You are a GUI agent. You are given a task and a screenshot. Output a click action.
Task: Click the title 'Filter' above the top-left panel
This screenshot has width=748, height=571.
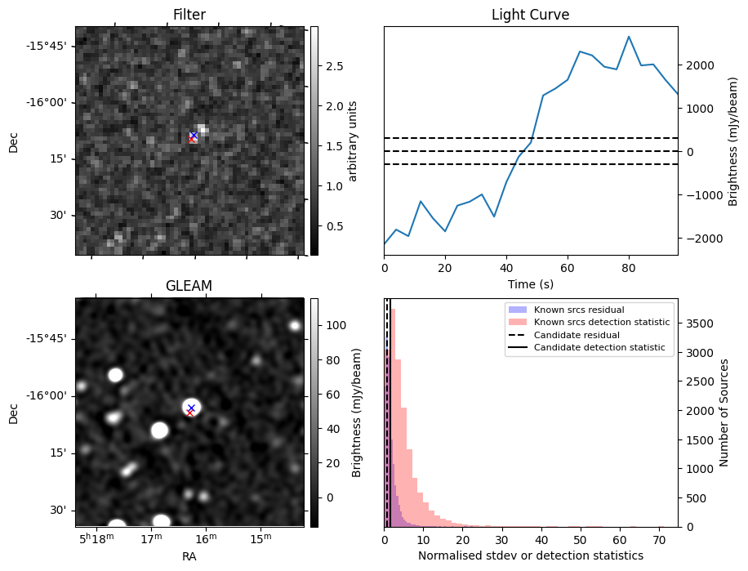[189, 15]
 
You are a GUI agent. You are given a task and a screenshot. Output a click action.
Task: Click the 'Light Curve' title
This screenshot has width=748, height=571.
[530, 15]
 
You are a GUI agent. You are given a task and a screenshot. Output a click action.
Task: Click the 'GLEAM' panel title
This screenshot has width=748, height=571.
[189, 286]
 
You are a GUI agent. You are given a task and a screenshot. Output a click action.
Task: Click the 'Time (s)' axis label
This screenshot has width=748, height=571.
[530, 283]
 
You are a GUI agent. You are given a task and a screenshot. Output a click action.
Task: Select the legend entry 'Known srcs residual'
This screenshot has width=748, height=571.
[579, 310]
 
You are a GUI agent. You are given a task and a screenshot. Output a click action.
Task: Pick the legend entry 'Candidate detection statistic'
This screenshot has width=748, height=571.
[599, 348]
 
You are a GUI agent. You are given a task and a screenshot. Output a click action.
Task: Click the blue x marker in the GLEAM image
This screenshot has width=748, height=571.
[191, 407]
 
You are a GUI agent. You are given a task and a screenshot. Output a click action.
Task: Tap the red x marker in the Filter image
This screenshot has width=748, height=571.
[192, 140]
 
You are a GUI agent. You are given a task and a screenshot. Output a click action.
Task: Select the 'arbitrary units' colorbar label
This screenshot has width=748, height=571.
[353, 141]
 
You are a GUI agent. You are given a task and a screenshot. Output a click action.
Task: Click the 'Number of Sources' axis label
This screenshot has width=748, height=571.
[724, 413]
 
